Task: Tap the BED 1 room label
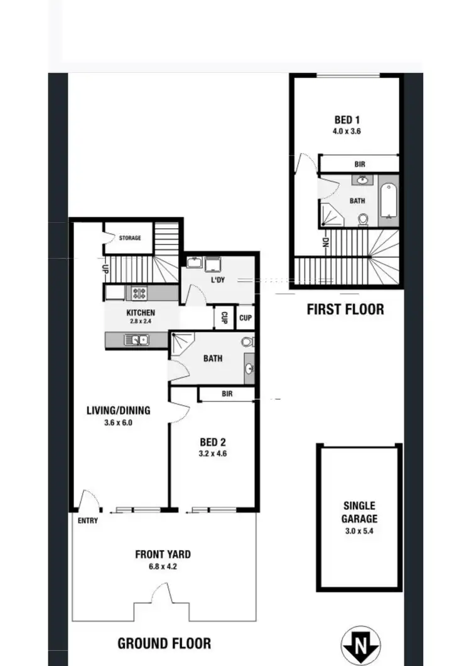[347, 120]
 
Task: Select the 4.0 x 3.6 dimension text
[347, 132]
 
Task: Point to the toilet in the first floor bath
[363, 219]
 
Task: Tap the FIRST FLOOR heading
[345, 309]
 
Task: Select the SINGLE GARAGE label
[360, 512]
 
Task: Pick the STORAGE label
[130, 238]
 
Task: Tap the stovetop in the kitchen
[138, 292]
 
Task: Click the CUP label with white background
[246, 318]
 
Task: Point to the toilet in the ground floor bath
[247, 342]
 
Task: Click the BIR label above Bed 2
[227, 394]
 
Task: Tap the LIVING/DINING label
[118, 411]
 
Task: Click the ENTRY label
[88, 521]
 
